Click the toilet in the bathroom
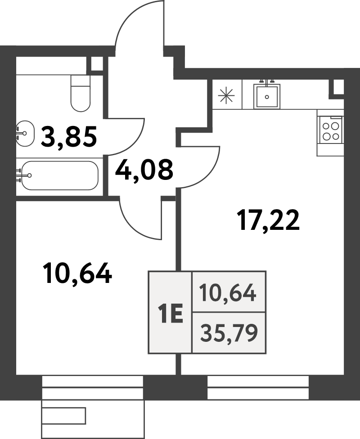(x=81, y=93)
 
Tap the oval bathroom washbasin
(x=25, y=133)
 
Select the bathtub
(x=60, y=175)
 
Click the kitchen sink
(x=267, y=97)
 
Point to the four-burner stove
(x=331, y=132)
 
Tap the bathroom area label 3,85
(x=69, y=137)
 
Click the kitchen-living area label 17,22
(x=269, y=220)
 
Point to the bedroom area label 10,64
(x=77, y=273)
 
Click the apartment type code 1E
(x=171, y=314)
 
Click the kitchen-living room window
(x=258, y=387)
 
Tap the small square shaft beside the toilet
(x=97, y=64)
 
